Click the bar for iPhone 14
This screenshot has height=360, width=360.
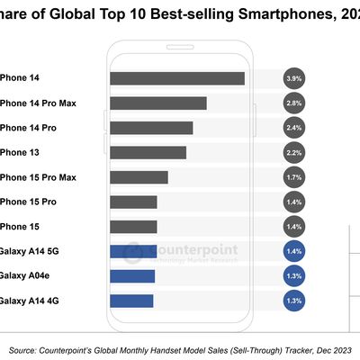[x=176, y=78]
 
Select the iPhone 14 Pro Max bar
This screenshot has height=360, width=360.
[x=157, y=103]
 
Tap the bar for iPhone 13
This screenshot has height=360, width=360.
[x=148, y=152]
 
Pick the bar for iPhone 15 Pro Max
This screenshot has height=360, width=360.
[x=139, y=177]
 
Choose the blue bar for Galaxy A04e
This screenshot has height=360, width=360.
[x=132, y=275]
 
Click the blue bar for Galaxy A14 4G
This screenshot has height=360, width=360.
[x=131, y=300]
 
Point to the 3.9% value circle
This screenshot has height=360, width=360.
[x=293, y=78]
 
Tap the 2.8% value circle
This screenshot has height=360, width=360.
[x=293, y=103]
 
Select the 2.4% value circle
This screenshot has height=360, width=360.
[x=293, y=128]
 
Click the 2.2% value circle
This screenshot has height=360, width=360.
[x=293, y=152]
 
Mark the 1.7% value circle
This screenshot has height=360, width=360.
[x=293, y=177]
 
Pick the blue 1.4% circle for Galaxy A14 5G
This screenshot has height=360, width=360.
[x=293, y=251]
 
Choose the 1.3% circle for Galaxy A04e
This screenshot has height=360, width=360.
[x=293, y=275]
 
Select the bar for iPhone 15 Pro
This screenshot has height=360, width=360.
[x=133, y=202]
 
